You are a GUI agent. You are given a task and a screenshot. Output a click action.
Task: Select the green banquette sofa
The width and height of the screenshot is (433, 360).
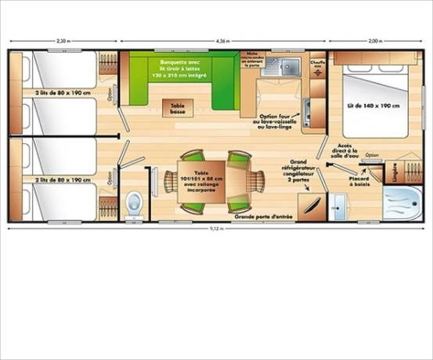point(185,74)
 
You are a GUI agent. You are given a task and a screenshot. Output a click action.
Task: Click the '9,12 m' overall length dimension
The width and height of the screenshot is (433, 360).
point(217,228)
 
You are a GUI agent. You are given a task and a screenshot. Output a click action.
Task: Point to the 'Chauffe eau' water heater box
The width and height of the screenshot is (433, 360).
point(317,64)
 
